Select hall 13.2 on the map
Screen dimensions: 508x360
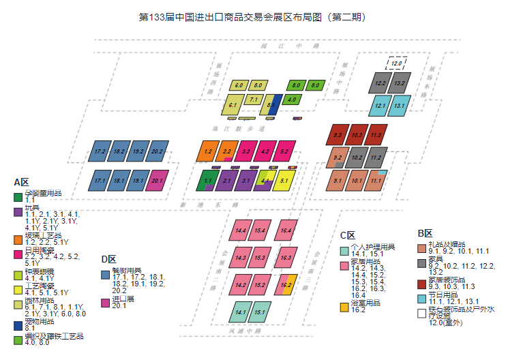pos(400,84)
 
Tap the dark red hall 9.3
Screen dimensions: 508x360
pos(338,135)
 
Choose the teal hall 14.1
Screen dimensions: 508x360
pos(240,313)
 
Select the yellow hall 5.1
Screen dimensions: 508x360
pos(284,181)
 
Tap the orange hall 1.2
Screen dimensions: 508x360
pos(208,151)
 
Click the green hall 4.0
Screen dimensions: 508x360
pos(292,100)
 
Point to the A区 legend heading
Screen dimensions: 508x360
pos(21,182)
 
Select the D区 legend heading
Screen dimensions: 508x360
pos(108,259)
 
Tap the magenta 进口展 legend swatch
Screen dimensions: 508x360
pos(104,302)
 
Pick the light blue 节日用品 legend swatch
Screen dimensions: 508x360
pos(422,299)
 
